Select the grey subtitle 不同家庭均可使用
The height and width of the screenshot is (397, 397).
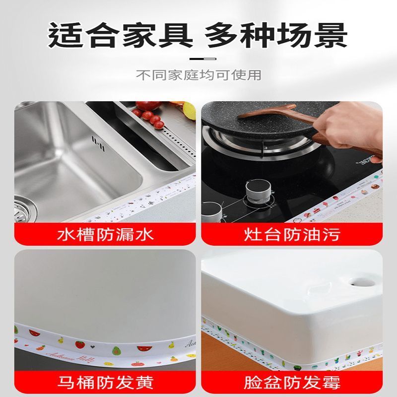(198, 75)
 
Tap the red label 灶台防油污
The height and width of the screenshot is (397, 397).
(293, 233)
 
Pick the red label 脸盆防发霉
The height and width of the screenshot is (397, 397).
(293, 383)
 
